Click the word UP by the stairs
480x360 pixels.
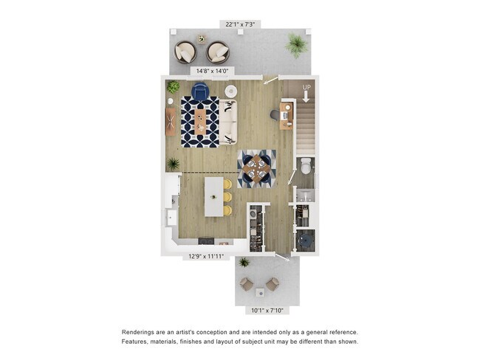[306, 88]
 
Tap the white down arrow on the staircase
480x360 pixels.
[306, 96]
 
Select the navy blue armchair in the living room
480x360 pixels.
[200, 92]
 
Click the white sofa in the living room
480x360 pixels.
[228, 122]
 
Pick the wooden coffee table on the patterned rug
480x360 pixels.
[200, 122]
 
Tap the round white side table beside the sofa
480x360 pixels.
[231, 91]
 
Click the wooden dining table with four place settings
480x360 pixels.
[257, 167]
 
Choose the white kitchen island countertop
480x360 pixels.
[214, 196]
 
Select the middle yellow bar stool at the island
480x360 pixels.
[227, 197]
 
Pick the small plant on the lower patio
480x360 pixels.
[244, 263]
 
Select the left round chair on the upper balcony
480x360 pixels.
[185, 52]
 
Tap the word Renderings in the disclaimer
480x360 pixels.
[141, 333]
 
